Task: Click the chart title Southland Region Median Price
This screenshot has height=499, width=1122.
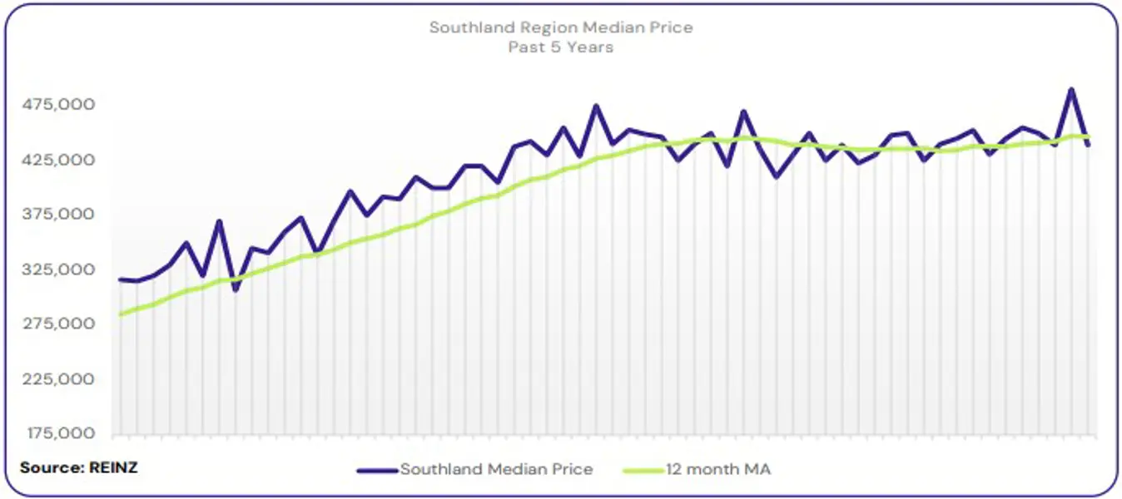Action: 560,27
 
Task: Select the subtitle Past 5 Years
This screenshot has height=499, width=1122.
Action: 560,47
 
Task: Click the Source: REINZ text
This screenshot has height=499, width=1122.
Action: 79,467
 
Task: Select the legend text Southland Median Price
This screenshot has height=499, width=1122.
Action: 496,469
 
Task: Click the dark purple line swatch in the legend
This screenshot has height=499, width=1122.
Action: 377,470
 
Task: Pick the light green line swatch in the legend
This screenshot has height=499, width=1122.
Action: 643,470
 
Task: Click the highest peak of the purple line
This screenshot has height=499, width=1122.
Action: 1071,89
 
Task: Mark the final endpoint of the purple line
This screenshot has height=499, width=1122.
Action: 1088,145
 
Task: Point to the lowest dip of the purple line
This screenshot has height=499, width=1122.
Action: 236,289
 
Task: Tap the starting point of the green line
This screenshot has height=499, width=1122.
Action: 121,314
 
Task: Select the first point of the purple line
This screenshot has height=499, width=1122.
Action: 121,279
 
